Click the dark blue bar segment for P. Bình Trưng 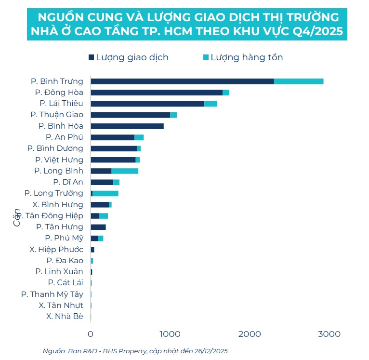[x=182, y=81]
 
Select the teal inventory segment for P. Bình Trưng [x=299, y=81]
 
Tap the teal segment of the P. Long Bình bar [x=125, y=171]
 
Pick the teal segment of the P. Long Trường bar [x=105, y=193]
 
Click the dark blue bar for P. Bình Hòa [x=127, y=126]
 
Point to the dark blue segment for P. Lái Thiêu [x=147, y=104]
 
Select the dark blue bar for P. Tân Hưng [x=98, y=227]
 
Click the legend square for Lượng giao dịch [x=91, y=57]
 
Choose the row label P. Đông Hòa [x=59, y=92]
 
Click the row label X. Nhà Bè [x=65, y=317]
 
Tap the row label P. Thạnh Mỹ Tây [x=52, y=294]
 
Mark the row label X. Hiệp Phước [x=56, y=249]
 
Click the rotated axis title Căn [x=17, y=217]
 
